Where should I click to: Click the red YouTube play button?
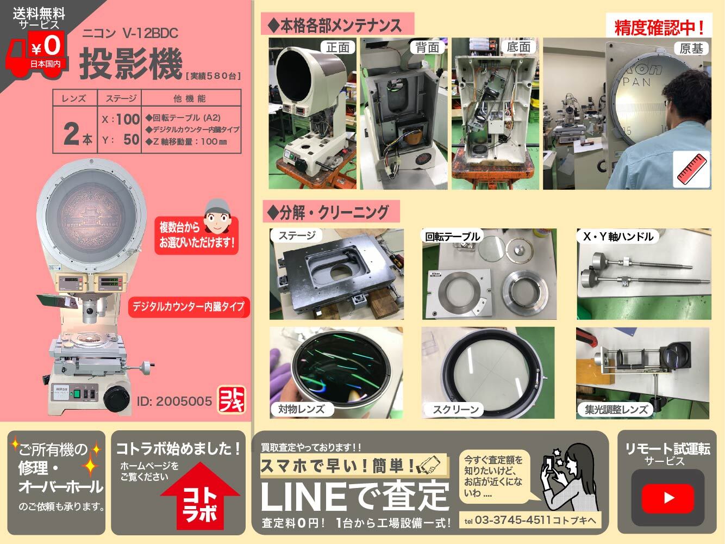(668, 497)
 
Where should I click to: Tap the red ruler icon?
(691, 170)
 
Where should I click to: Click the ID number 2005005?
(174, 401)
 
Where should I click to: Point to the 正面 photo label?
(337, 47)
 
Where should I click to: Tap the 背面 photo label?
(427, 47)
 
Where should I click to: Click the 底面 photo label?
(517, 47)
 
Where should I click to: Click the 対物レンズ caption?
(301, 409)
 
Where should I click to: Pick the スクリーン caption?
(455, 410)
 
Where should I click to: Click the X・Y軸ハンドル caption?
(617, 236)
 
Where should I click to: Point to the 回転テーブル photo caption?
(452, 236)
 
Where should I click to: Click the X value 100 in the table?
(128, 119)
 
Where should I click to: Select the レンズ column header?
(74, 98)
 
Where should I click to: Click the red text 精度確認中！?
(659, 27)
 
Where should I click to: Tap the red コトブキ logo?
(232, 400)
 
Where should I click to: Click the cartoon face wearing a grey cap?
(216, 214)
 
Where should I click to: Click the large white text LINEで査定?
(355, 496)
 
